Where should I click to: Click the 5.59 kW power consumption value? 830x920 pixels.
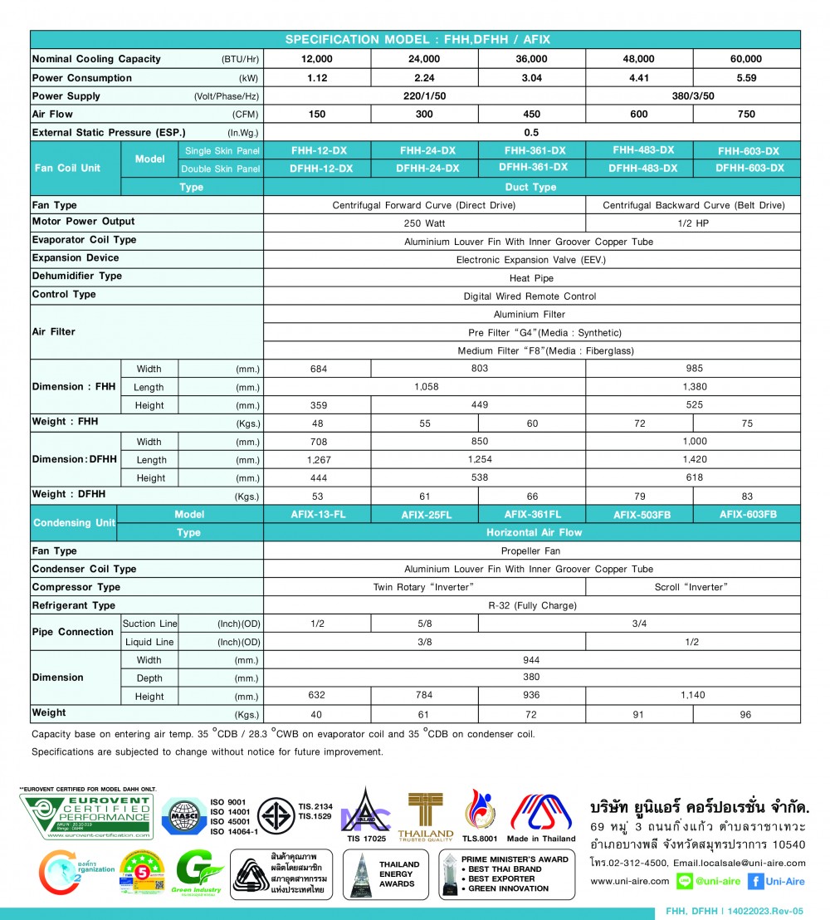tap(747, 78)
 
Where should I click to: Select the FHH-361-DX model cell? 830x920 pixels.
tap(532, 150)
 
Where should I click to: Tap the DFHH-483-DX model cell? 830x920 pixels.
tap(639, 169)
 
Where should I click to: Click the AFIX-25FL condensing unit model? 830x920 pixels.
tap(425, 515)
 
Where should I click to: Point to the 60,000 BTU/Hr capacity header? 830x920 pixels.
tap(747, 60)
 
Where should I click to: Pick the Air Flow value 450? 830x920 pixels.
tap(532, 115)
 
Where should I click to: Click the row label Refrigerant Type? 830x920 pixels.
tap(74, 605)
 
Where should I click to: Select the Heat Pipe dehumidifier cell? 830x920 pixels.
tap(532, 278)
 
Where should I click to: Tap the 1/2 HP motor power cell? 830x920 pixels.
tap(692, 223)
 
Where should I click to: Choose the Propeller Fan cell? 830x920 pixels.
tap(532, 551)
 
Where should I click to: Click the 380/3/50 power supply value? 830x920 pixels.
tap(692, 96)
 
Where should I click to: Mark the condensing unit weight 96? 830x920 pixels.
tap(747, 714)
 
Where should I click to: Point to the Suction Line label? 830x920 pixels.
tap(149, 624)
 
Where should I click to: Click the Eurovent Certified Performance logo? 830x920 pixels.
tap(86, 817)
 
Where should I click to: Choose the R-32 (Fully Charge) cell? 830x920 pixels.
tap(532, 605)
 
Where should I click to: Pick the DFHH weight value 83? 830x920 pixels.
tap(747, 496)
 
